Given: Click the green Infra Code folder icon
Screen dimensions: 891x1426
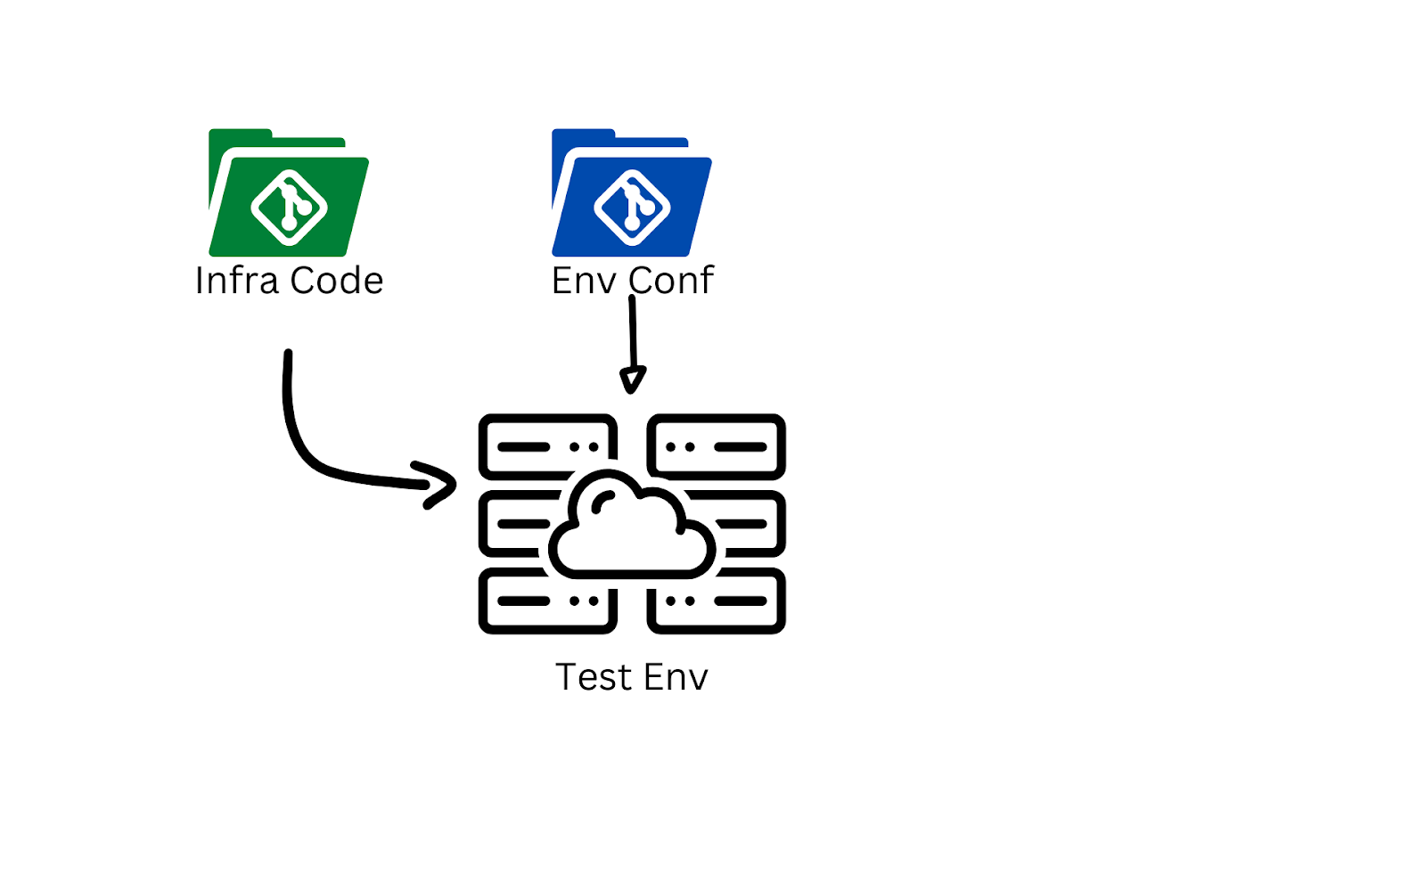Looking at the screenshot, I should coord(288,193).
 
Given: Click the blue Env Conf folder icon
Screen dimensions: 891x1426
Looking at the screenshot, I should coord(631,193).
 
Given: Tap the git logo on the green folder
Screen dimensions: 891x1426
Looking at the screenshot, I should coord(289,208).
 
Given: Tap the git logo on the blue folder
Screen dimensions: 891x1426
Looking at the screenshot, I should coord(632,208).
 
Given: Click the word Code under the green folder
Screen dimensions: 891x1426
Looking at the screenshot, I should coord(337,281).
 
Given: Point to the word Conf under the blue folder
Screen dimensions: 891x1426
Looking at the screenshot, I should coord(671,281).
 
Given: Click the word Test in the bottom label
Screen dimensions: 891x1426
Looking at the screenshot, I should coord(593,677).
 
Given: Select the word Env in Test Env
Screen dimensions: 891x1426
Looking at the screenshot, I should coord(676,677).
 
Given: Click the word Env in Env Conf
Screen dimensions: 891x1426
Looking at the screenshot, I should coord(584,281).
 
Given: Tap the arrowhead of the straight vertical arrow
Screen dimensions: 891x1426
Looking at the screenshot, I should coord(632,380).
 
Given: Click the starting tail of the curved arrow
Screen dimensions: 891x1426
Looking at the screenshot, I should coord(288,355).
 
